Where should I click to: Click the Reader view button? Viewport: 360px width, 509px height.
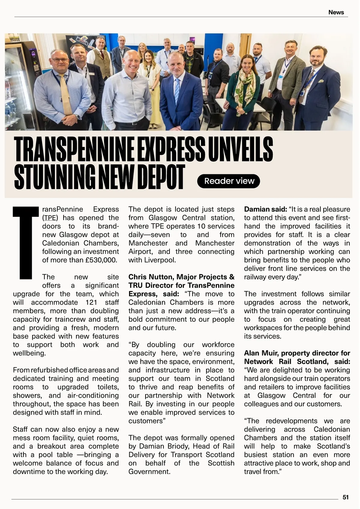tap(229, 181)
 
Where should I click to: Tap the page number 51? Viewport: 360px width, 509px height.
tap(346, 497)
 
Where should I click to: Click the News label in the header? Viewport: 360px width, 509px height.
tap(336, 12)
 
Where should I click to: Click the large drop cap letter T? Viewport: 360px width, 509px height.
tap(26, 242)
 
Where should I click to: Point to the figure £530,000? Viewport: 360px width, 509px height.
tap(101, 260)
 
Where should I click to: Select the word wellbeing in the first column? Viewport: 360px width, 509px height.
tap(29, 353)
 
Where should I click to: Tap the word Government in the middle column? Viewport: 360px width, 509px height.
tap(149, 471)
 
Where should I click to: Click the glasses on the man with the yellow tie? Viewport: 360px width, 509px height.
tap(60, 60)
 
